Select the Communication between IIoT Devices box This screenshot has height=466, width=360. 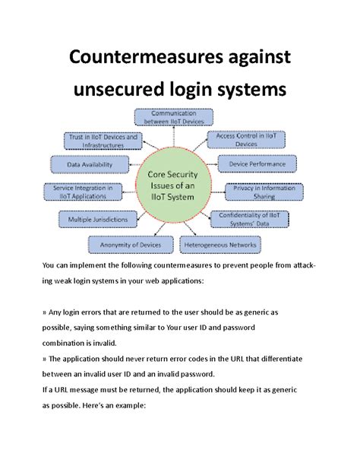[174, 117]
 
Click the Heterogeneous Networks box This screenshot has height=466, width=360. [220, 244]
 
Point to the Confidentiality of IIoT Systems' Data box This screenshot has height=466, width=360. [248, 219]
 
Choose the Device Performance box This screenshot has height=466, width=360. [253, 163]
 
